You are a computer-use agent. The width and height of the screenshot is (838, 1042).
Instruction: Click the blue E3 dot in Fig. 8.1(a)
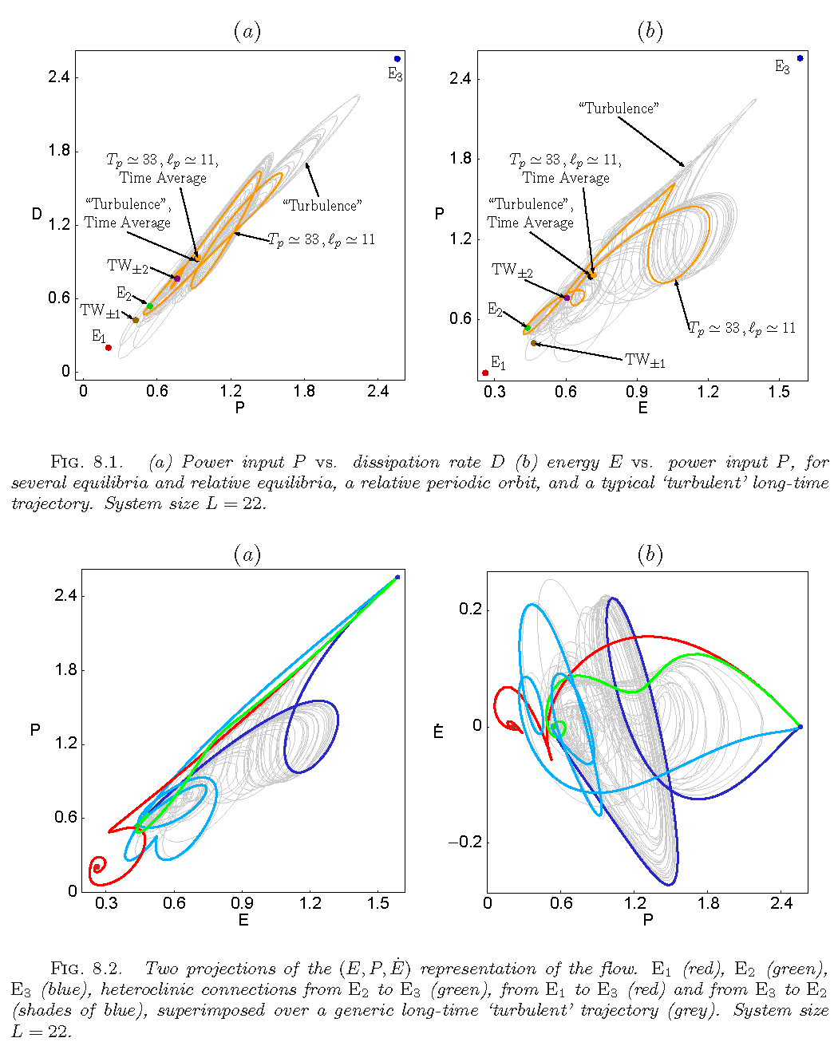pyautogui.click(x=397, y=59)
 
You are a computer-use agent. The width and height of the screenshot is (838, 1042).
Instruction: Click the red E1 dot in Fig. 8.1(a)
pyautogui.click(x=109, y=347)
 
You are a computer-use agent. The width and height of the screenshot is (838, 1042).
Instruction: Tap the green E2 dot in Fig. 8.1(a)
pyautogui.click(x=149, y=306)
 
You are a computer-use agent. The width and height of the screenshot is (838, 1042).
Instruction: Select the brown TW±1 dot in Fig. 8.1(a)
pyautogui.click(x=136, y=320)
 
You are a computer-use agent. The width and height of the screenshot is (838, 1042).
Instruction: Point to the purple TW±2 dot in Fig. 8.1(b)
pyautogui.click(x=567, y=298)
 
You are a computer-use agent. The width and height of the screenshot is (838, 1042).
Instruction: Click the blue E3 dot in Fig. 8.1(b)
pyautogui.click(x=800, y=58)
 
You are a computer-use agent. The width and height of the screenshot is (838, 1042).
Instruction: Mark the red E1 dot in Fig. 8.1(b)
pyautogui.click(x=485, y=373)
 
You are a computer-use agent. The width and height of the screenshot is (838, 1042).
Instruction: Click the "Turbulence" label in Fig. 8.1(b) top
pyautogui.click(x=619, y=108)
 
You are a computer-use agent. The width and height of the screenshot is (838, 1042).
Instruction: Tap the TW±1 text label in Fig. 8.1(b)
pyautogui.click(x=645, y=361)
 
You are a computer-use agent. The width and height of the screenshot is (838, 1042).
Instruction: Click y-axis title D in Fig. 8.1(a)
pyautogui.click(x=37, y=214)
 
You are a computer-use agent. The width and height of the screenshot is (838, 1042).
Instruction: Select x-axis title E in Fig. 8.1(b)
pyautogui.click(x=642, y=408)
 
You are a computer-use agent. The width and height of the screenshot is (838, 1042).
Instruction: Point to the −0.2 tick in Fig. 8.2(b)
pyautogui.click(x=464, y=843)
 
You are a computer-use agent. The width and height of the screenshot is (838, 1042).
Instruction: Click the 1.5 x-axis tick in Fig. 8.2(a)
pyautogui.click(x=378, y=903)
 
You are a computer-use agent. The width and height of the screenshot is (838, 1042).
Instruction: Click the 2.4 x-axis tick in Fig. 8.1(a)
pyautogui.click(x=377, y=391)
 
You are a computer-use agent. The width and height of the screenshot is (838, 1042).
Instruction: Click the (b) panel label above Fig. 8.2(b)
pyautogui.click(x=650, y=555)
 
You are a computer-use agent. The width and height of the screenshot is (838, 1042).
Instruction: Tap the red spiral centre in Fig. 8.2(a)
pyautogui.click(x=97, y=867)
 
